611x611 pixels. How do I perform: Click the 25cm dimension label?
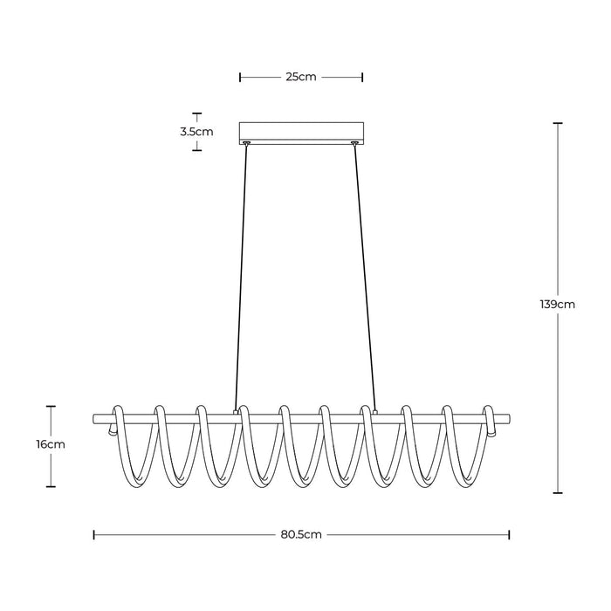[x=300, y=77]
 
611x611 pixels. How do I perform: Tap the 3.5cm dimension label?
[x=196, y=132]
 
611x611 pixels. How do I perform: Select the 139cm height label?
[x=558, y=305]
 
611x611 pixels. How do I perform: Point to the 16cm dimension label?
[x=51, y=443]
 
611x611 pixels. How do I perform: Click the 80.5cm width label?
[x=301, y=533]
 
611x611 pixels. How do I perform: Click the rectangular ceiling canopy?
[x=301, y=132]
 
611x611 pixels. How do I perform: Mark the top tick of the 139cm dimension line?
[x=558, y=123]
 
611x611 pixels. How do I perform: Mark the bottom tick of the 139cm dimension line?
[x=558, y=492]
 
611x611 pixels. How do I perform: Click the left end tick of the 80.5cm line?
[x=93, y=533]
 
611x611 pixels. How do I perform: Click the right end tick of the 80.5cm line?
[x=509, y=533]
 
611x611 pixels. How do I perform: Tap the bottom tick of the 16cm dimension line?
[x=51, y=487]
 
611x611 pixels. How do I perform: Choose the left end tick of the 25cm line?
[x=240, y=77]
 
